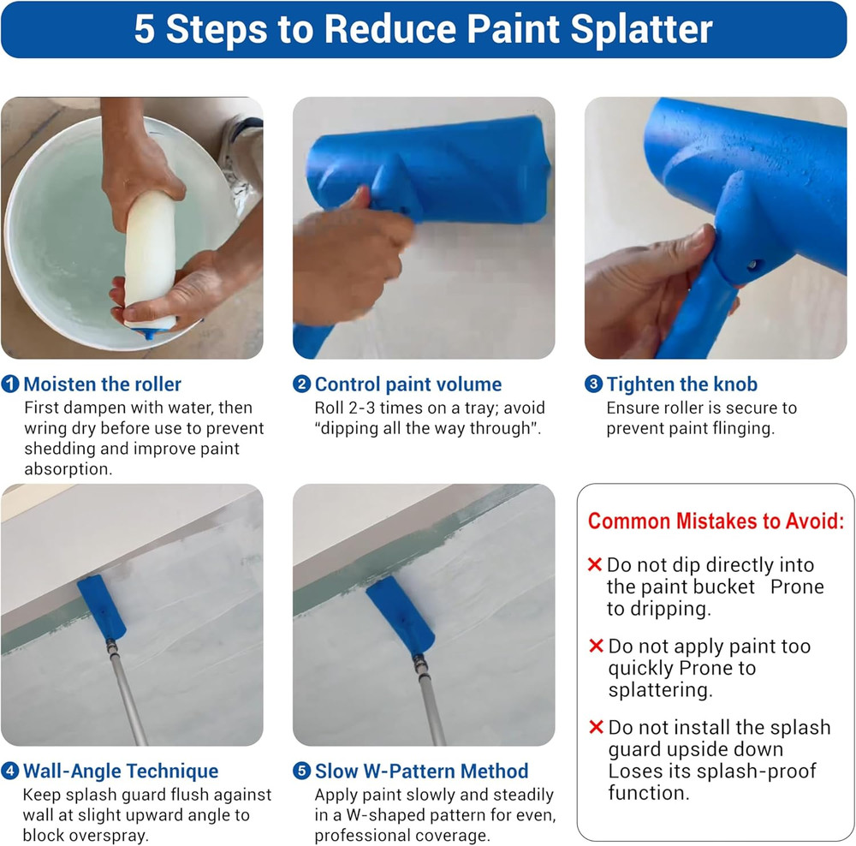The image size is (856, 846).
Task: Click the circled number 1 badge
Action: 10,384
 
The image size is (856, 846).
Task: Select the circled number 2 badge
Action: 301,384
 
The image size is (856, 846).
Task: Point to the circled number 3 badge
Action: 593,384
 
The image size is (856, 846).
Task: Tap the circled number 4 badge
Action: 10,771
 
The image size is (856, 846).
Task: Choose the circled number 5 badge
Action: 301,771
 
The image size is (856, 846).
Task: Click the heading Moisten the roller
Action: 102,384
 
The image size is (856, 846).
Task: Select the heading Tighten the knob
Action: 681,384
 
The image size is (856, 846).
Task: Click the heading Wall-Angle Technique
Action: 120,771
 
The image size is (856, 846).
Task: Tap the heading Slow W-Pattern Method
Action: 421,771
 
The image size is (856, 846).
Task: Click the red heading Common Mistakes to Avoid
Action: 716,521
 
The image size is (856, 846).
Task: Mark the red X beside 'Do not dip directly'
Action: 595,565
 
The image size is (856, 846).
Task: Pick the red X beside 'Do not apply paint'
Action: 596,646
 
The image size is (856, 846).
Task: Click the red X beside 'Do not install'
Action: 596,728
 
